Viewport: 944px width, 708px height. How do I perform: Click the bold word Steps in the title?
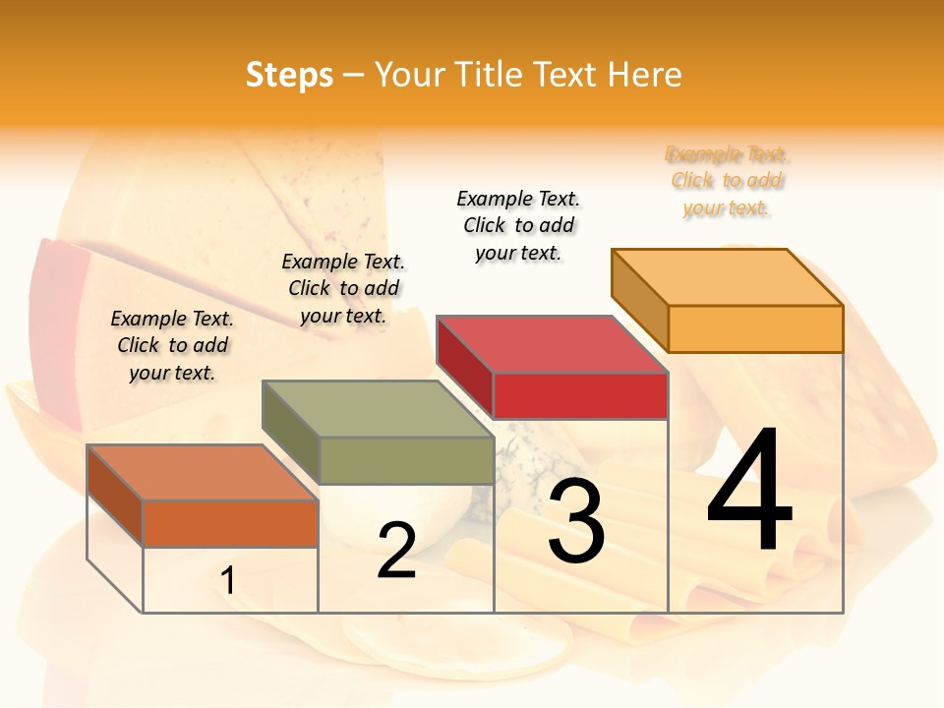pyautogui.click(x=289, y=75)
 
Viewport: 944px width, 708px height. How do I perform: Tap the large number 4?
pyautogui.click(x=749, y=491)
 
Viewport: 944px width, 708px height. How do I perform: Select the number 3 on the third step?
pyautogui.click(x=576, y=521)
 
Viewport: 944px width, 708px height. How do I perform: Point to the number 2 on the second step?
pyautogui.click(x=396, y=551)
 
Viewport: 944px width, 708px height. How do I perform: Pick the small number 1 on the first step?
pyautogui.click(x=228, y=581)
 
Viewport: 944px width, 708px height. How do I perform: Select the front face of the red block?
pyautogui.click(x=580, y=395)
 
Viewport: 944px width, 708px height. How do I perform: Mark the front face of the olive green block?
pyautogui.click(x=406, y=460)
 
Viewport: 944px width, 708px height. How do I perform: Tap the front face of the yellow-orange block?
pyautogui.click(x=755, y=328)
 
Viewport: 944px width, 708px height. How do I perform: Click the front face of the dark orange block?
pyautogui.click(x=230, y=523)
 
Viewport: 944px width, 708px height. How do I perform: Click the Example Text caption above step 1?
pyautogui.click(x=172, y=345)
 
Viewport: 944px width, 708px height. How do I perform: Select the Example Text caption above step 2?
pyautogui.click(x=343, y=288)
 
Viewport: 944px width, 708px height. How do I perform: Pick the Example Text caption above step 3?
pyautogui.click(x=518, y=225)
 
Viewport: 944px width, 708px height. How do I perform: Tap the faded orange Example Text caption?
pyautogui.click(x=727, y=181)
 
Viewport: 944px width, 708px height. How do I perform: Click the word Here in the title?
pyautogui.click(x=644, y=75)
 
